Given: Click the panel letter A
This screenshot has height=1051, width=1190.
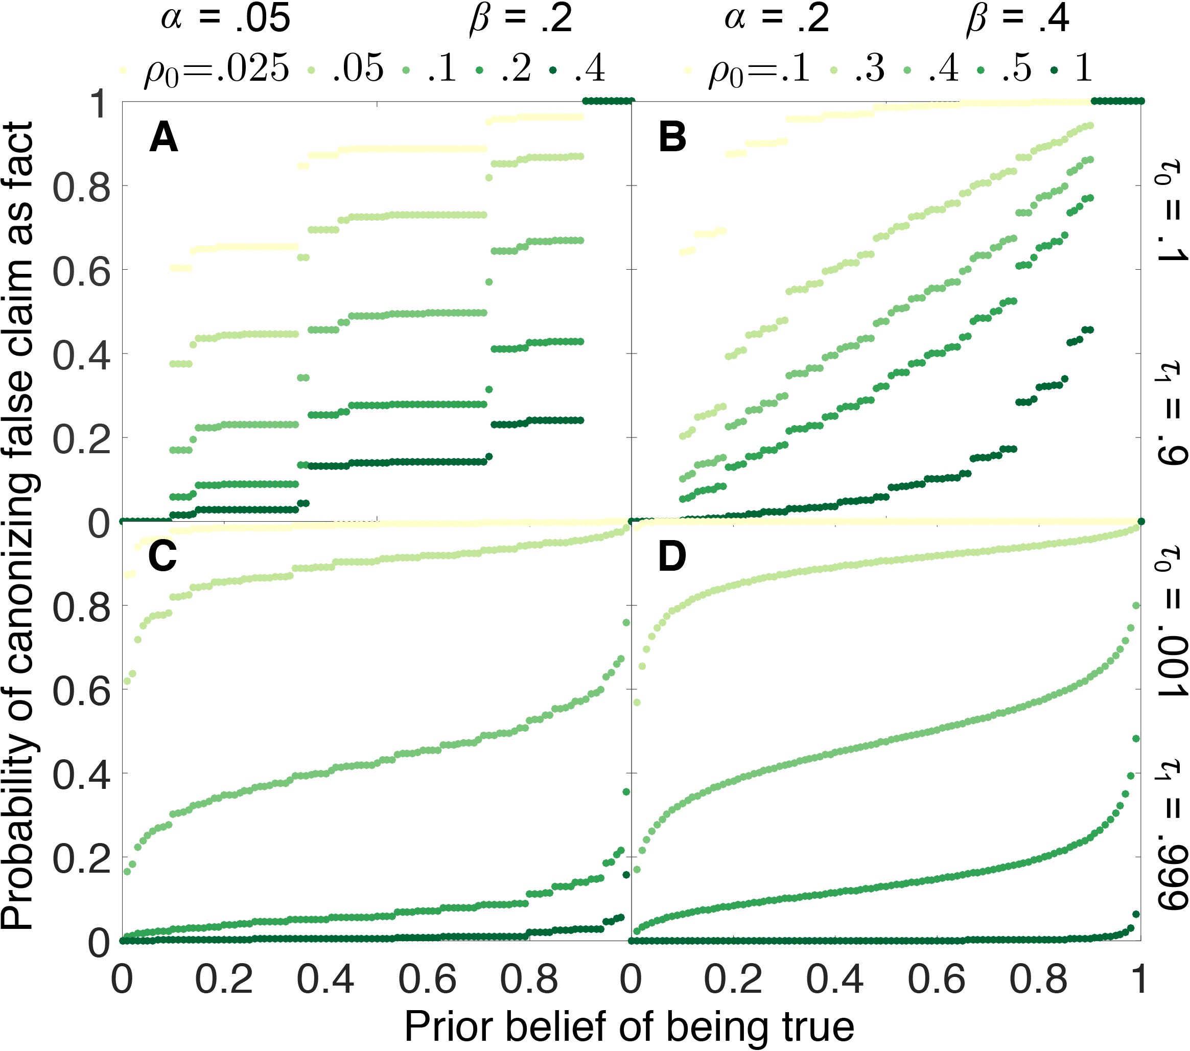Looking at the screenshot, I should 163,138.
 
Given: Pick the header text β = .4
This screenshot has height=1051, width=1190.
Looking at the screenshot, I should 1017,18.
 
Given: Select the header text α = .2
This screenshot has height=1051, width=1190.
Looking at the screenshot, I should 777,18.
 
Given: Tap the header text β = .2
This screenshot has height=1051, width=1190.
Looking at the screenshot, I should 521,18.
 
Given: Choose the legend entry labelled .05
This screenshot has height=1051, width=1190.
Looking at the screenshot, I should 358,68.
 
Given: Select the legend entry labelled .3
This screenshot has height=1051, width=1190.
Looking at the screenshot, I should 869,68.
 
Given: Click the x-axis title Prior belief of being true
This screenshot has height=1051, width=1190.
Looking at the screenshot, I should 629,1026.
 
